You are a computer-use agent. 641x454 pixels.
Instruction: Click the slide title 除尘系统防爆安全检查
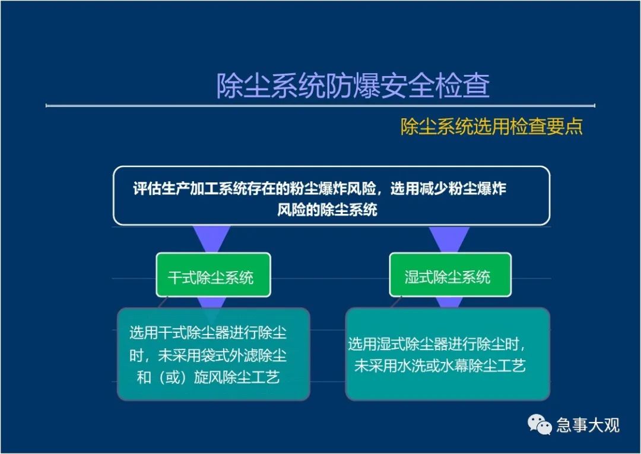353,86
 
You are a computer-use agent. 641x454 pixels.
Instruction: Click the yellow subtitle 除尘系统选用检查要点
491,126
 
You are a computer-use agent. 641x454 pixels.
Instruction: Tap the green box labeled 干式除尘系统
213,275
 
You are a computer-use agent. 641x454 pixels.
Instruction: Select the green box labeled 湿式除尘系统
450,275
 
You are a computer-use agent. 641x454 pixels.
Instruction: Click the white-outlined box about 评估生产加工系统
332,196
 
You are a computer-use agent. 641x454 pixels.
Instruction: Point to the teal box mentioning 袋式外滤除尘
214,354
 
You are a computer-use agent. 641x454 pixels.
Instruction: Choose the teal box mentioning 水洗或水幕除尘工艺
448,354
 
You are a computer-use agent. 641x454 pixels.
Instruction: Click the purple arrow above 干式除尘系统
211,239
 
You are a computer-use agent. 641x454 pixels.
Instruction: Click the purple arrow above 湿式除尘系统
449,239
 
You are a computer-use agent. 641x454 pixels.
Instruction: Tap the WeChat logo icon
540,424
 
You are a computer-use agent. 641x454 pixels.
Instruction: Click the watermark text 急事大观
588,425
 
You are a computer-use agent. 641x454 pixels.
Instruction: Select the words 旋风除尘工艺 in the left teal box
237,377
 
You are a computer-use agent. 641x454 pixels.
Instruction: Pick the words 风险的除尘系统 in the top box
327,210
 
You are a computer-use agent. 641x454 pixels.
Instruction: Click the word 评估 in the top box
147,189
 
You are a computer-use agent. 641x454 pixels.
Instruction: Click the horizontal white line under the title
320,106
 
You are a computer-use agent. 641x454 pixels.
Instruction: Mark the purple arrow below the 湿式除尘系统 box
449,302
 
